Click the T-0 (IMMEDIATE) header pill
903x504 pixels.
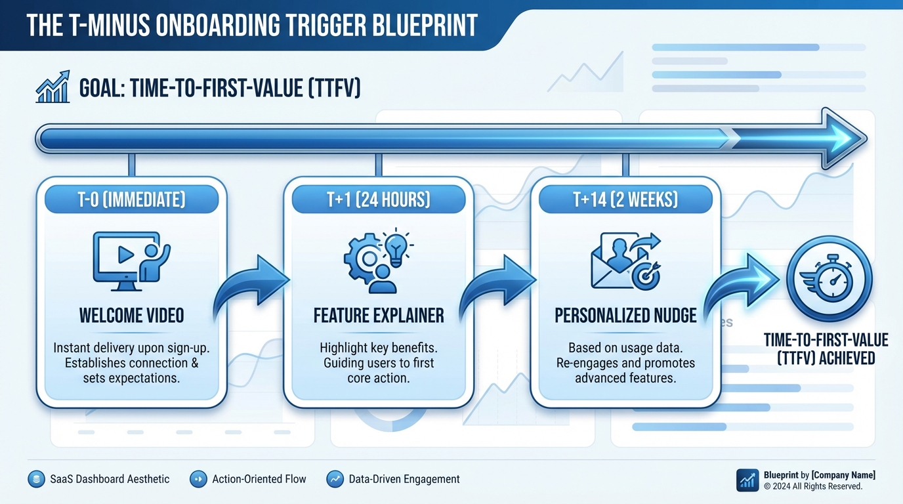(x=131, y=199)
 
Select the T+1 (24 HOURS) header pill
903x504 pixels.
(x=378, y=199)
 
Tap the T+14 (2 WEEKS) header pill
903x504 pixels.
(x=625, y=199)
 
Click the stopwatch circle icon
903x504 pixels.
(x=829, y=278)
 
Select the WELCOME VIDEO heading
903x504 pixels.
(x=131, y=316)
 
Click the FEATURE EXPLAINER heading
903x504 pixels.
(x=379, y=316)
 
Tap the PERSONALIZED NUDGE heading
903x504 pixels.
(x=625, y=316)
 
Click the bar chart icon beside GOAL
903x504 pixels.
(x=52, y=87)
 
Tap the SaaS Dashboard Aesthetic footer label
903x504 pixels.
(x=110, y=479)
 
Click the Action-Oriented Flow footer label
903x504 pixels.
(x=259, y=479)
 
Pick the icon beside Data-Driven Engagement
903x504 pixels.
(x=335, y=479)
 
